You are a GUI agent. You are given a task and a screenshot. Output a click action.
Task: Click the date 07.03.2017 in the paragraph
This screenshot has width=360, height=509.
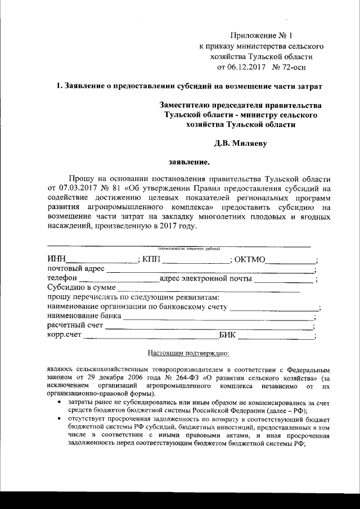coord(74,186)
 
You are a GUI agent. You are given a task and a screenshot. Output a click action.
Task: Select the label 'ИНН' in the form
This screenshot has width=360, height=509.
coord(56,259)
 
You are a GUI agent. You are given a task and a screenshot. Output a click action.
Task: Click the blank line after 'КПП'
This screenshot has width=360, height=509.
coord(195,260)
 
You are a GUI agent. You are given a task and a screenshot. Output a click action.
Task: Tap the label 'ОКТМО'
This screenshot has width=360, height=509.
coord(251,259)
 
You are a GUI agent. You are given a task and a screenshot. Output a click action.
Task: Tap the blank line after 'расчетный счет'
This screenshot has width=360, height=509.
coord(208,327)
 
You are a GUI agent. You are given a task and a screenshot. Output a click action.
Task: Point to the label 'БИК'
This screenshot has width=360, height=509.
coord(227,336)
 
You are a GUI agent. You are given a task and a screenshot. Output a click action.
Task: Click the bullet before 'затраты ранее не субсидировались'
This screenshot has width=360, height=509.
coord(60,404)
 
